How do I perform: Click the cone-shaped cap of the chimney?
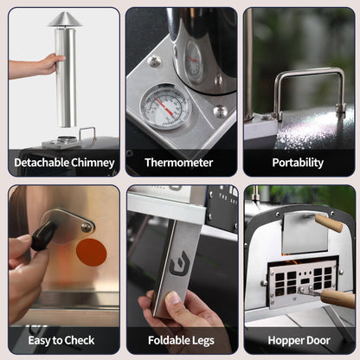(x=65, y=20)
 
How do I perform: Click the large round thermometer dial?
(x=165, y=106)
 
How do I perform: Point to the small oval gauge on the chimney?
(x=193, y=62)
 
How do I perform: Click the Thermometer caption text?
(x=179, y=163)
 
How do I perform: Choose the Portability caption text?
(x=298, y=163)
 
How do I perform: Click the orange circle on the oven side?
(x=92, y=253)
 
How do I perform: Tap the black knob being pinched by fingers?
(x=44, y=235)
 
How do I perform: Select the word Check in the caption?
(x=80, y=340)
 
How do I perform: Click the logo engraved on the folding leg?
(x=179, y=263)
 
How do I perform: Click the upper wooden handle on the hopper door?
(x=329, y=222)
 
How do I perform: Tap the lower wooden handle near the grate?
(x=337, y=299)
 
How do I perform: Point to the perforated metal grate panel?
(x=302, y=282)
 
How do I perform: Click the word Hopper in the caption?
(x=284, y=341)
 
